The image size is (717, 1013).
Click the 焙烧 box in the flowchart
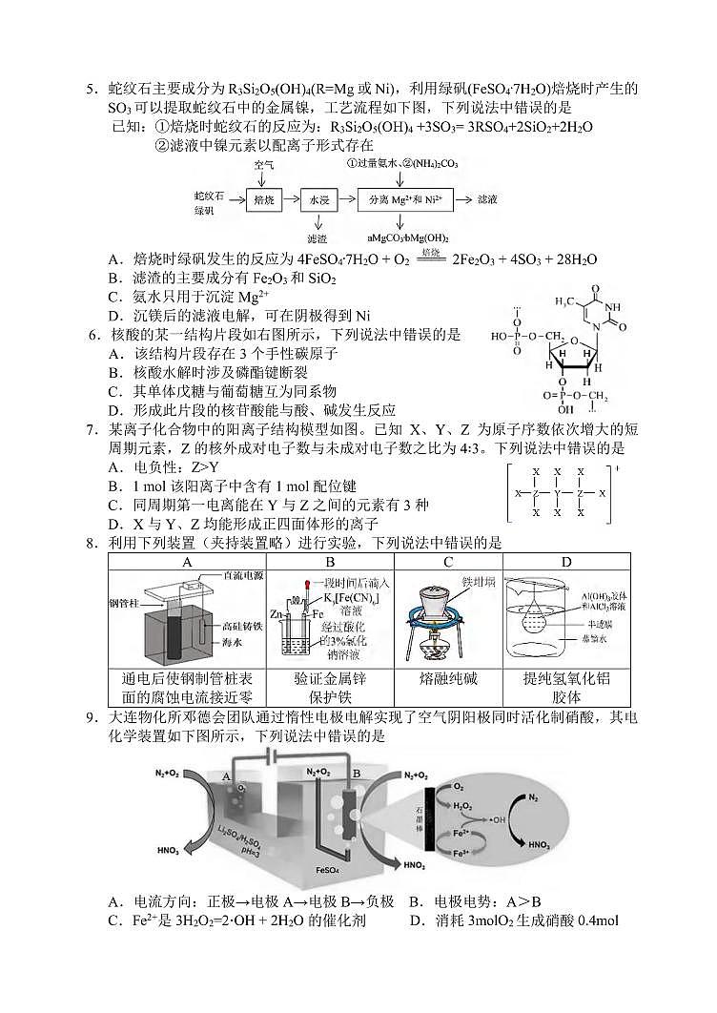[263, 200]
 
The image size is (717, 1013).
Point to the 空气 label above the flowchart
[264, 165]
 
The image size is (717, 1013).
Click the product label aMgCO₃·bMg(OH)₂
[407, 238]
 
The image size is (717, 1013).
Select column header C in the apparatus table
[448, 562]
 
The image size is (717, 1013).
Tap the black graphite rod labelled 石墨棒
[431, 817]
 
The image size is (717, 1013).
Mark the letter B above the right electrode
[357, 773]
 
